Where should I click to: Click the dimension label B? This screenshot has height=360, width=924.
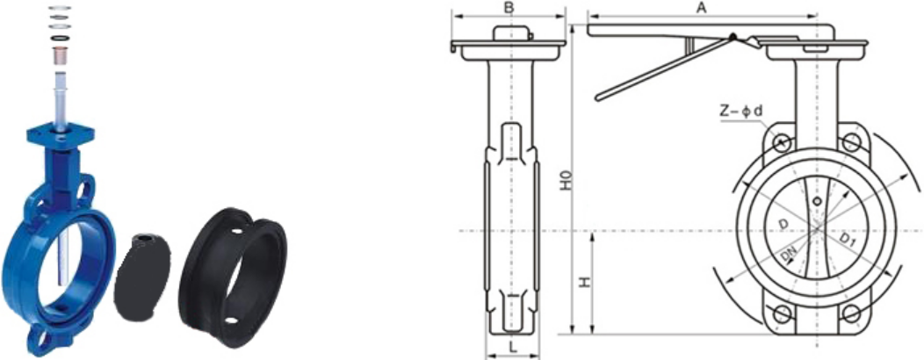click(x=509, y=8)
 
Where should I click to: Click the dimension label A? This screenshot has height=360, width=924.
click(x=701, y=7)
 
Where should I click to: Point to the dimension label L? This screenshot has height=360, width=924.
click(x=513, y=349)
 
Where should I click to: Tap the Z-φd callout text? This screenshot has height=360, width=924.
click(x=740, y=110)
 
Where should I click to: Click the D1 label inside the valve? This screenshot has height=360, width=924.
click(x=848, y=239)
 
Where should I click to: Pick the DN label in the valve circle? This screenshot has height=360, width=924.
click(x=789, y=255)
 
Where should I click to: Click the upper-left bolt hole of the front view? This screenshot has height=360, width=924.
click(x=782, y=142)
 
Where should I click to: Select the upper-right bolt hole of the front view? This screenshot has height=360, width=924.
click(x=850, y=142)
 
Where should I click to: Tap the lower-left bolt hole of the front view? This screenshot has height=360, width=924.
click(x=782, y=314)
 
